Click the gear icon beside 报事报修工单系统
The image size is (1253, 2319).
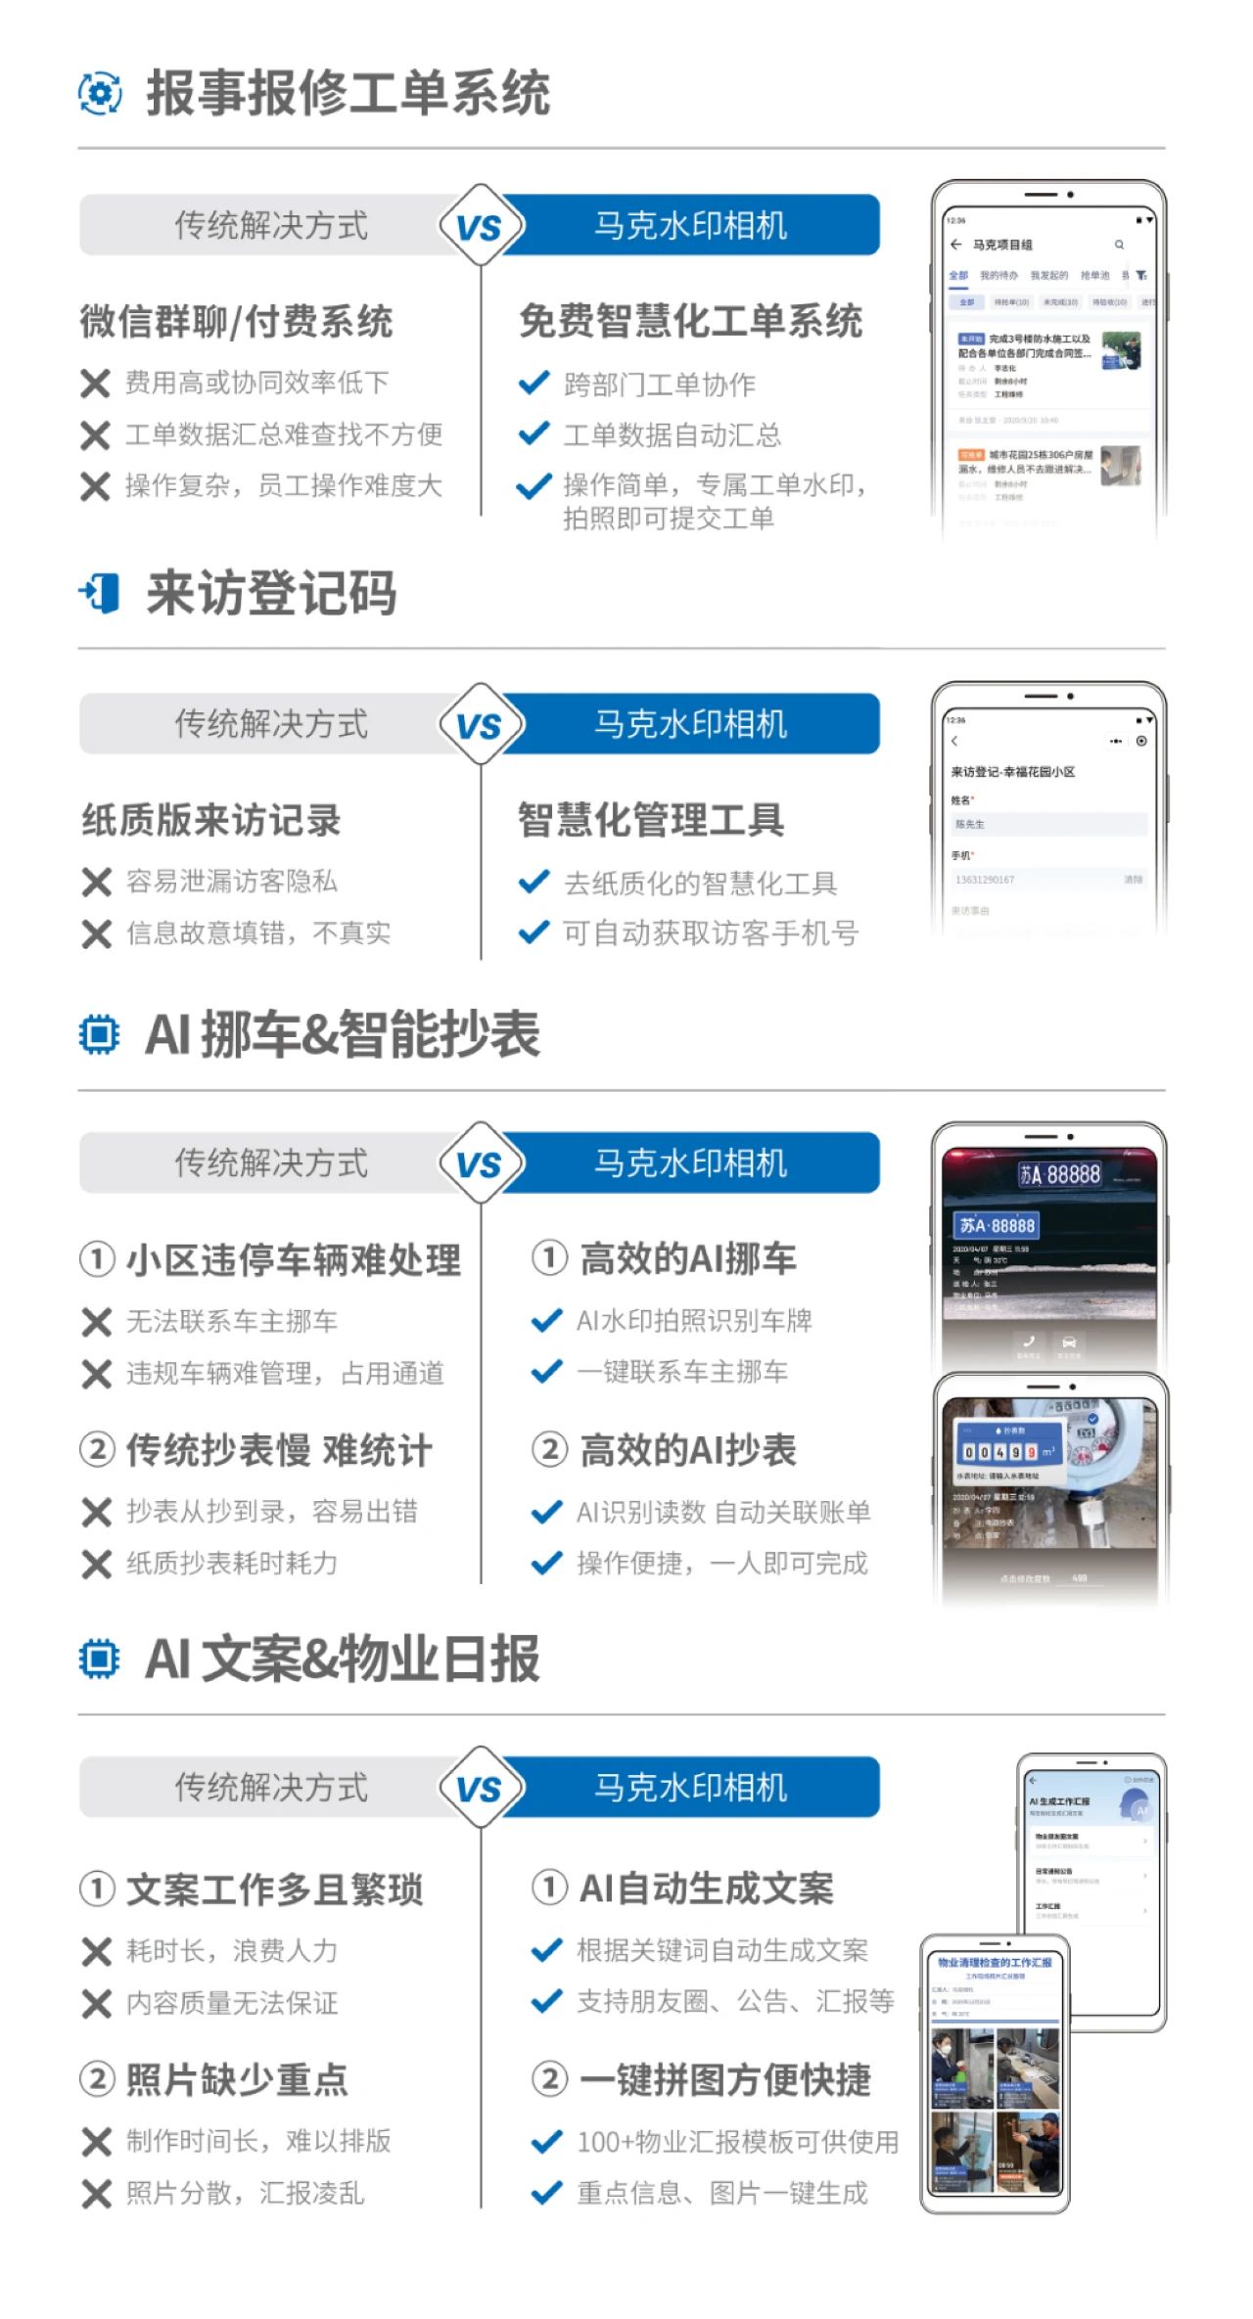99,94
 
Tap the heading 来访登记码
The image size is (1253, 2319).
271,593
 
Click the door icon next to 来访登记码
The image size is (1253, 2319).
99,593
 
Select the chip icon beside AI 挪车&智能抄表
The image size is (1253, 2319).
99,1034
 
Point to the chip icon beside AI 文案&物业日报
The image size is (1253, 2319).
99,1659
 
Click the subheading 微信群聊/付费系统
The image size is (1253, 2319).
236,322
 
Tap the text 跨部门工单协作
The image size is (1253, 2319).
659,385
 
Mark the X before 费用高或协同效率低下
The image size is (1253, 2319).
95,384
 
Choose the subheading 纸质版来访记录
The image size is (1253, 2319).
211,820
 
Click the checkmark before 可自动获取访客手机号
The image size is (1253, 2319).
534,932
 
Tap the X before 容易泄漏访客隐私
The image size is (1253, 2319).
96,883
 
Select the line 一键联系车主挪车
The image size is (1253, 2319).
682,1372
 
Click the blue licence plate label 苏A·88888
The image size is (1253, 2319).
997,1225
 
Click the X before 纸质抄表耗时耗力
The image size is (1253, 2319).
96,1564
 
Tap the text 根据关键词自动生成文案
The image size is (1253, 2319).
722,1950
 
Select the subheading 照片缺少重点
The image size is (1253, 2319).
236,2079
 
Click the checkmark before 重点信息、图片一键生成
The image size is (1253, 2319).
546,2192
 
